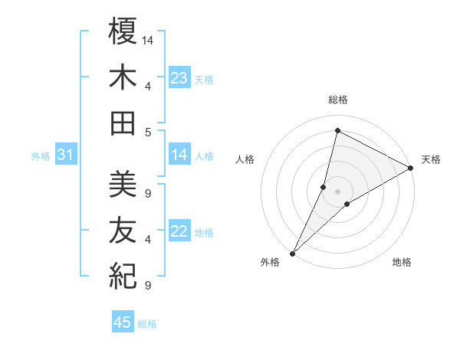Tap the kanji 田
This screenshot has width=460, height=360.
click(123, 123)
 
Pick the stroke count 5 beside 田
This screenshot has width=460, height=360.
click(148, 132)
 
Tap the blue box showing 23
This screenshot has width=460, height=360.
click(179, 77)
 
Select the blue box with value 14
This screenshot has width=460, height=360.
click(179, 155)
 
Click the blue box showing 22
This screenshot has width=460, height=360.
click(179, 231)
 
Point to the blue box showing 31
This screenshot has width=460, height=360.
click(66, 155)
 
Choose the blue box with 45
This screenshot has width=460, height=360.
click(123, 322)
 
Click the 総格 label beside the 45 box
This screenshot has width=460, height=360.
click(147, 324)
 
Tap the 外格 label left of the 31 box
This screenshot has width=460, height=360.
click(41, 156)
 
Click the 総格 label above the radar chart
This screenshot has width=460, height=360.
click(338, 100)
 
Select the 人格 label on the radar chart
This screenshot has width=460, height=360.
click(245, 159)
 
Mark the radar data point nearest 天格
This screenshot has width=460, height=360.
click(411, 169)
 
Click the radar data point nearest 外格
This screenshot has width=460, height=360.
click(292, 253)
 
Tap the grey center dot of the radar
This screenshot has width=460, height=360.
click(337, 191)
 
